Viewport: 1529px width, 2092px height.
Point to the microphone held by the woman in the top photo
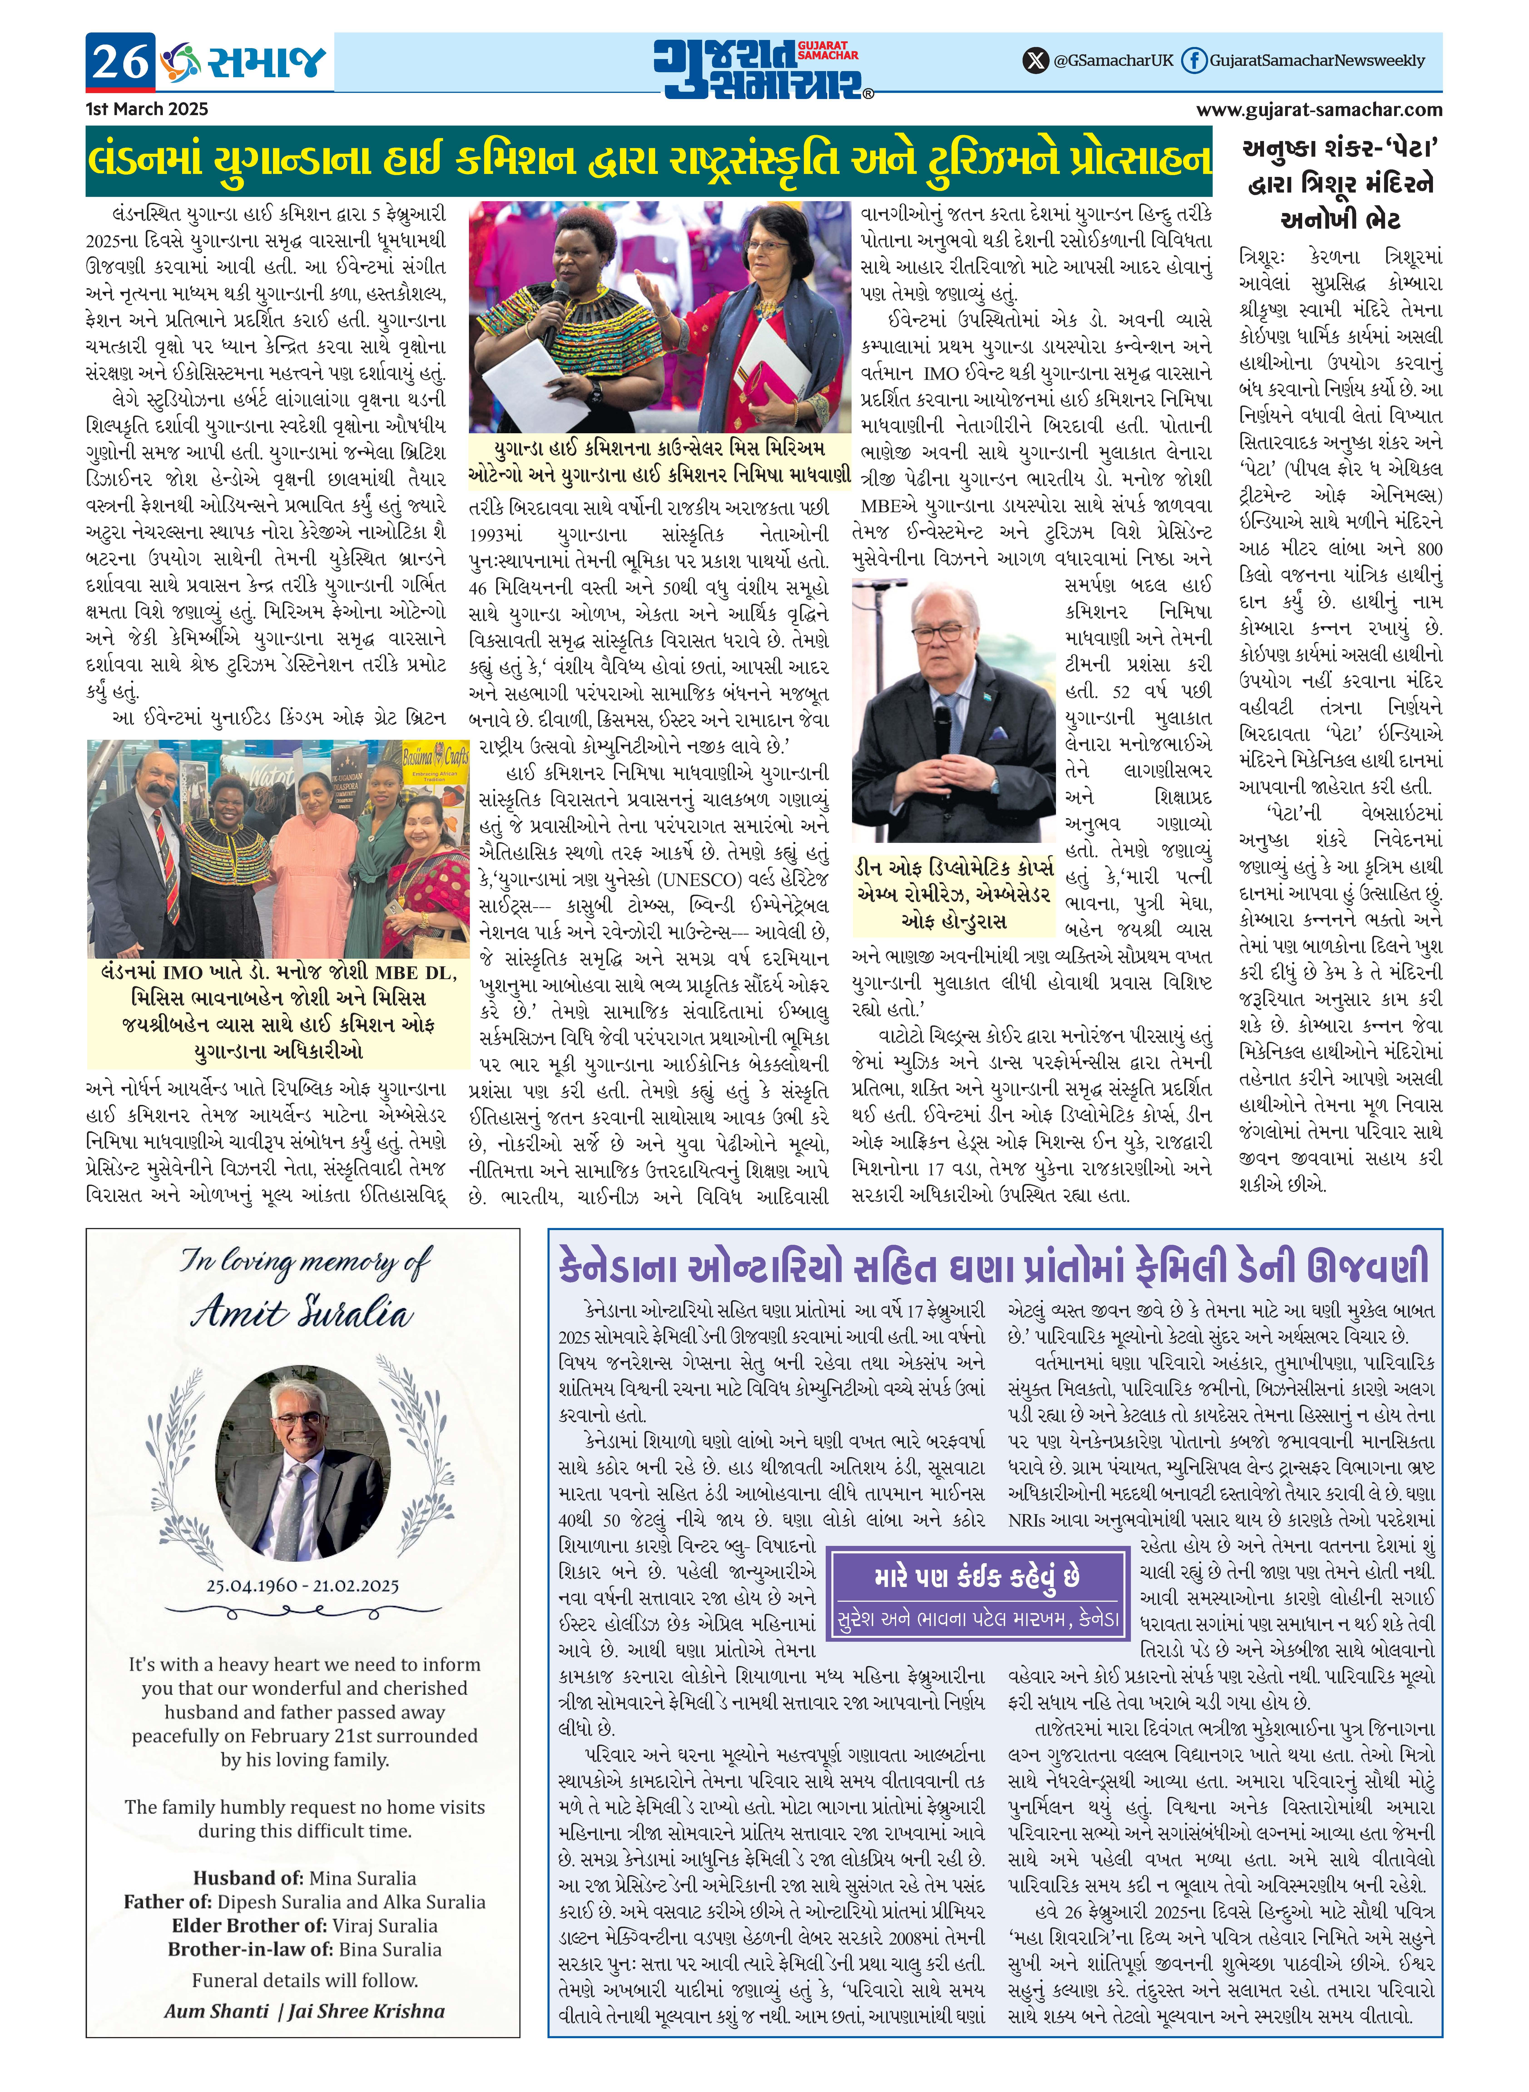pyautogui.click(x=555, y=305)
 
